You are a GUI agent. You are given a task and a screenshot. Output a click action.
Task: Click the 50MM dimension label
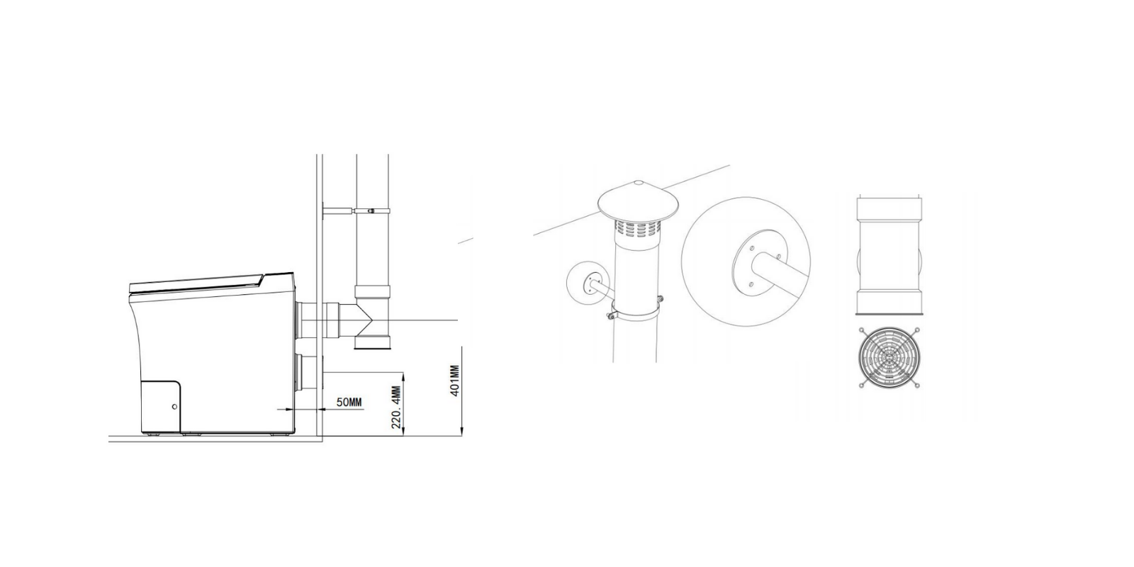point(349,403)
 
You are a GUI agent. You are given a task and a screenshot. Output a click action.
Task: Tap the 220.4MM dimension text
point(396,407)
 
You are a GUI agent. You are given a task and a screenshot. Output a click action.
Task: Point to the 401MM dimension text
point(454,381)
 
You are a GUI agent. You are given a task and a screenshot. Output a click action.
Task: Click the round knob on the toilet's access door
point(175,407)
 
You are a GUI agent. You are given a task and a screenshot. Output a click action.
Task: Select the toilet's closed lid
point(198,284)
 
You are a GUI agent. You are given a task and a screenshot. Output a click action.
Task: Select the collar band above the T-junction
point(373,292)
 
